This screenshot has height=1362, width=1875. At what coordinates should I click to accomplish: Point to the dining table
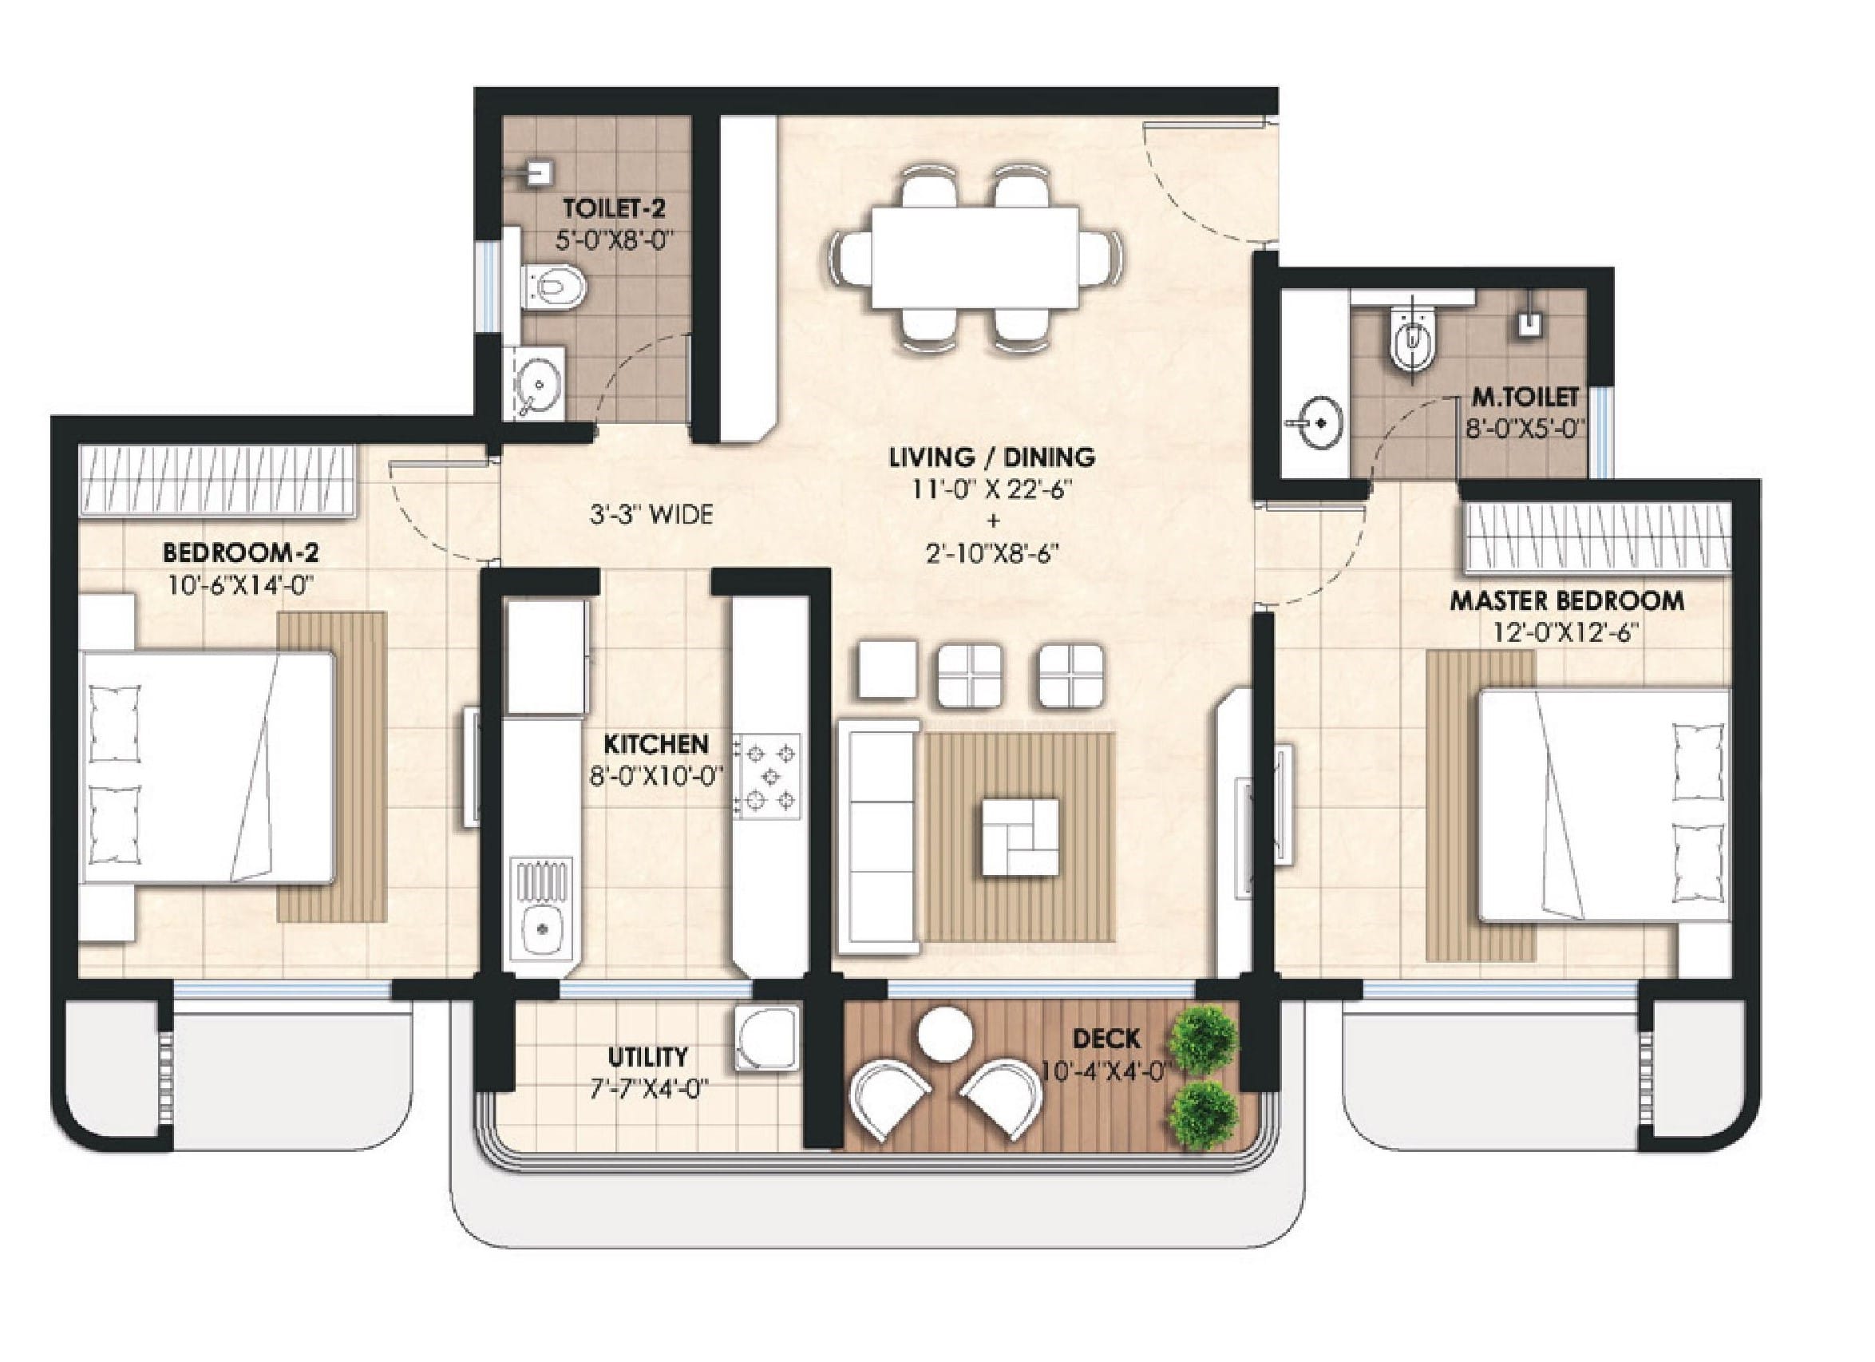coord(974,257)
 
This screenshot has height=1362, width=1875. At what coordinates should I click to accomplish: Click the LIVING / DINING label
coord(992,457)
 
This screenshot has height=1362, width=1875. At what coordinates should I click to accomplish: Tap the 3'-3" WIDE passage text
coord(651,515)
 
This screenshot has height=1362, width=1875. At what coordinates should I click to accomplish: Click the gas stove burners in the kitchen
coord(768,777)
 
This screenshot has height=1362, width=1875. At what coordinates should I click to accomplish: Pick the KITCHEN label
coord(656,744)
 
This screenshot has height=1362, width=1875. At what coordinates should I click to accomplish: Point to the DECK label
coord(1106,1038)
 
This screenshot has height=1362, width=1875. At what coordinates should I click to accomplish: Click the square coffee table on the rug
coord(1020,837)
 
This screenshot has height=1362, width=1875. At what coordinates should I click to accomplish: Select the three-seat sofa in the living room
coord(879,837)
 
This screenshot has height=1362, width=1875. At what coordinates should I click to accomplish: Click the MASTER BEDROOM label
coord(1568,601)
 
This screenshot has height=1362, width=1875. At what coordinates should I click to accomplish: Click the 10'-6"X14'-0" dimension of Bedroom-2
coord(240,585)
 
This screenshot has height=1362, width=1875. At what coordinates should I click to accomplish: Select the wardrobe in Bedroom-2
coord(217,481)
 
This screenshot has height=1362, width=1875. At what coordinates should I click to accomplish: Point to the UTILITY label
coord(647,1057)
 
